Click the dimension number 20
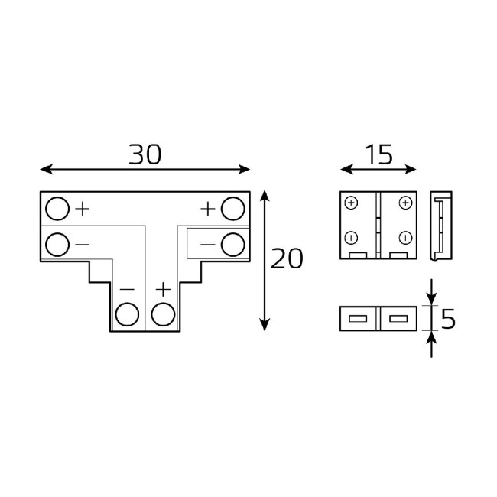287,259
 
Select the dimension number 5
449,318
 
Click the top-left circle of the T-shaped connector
57,208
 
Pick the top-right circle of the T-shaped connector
232,208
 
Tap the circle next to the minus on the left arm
57,245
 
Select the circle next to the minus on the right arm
232,245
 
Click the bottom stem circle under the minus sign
127,314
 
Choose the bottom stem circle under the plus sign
162,314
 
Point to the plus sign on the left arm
83,208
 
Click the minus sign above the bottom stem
127,290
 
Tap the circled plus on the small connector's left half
351,203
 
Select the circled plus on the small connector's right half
404,203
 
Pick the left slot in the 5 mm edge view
358,318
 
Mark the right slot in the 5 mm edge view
398,318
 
